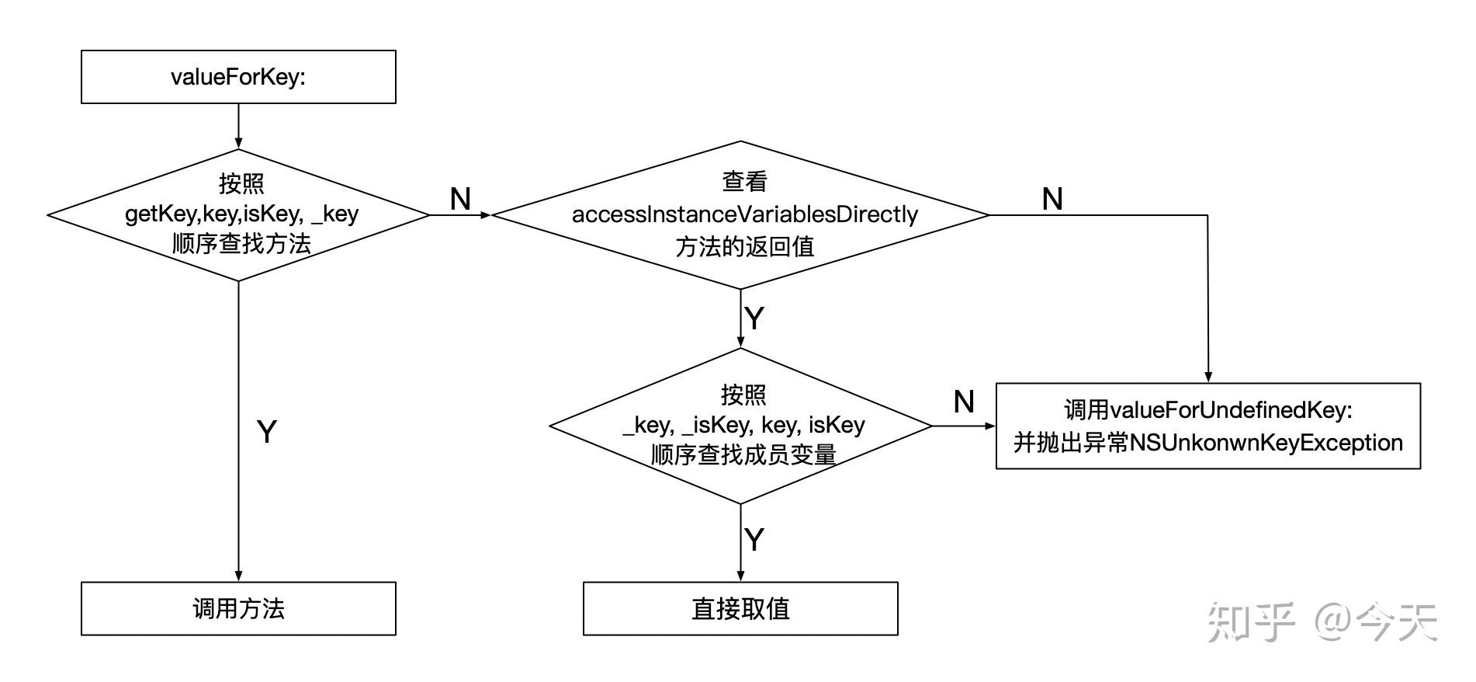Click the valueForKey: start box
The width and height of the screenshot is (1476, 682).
(238, 77)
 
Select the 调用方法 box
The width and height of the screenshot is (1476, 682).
(238, 608)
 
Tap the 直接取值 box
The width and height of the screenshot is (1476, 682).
(740, 608)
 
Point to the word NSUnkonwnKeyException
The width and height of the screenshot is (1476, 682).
(1266, 443)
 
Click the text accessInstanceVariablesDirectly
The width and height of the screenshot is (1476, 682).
(745, 214)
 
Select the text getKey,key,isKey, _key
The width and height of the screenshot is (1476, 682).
(241, 214)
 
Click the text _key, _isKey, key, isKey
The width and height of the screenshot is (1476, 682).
(743, 425)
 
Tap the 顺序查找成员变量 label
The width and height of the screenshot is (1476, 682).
(743, 454)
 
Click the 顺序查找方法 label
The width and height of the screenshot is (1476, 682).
(241, 244)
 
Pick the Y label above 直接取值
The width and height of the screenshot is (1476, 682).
(754, 539)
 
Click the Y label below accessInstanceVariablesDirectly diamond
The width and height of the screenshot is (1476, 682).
(754, 318)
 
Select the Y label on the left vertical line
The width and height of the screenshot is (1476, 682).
(266, 432)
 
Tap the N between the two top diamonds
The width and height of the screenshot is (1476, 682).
(460, 200)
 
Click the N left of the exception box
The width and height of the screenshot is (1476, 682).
(963, 402)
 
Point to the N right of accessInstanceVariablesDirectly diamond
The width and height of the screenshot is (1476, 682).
(1052, 200)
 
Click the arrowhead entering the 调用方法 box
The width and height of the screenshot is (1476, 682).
(238, 576)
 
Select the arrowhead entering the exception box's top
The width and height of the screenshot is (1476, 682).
(1207, 378)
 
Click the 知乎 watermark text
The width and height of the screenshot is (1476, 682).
(1251, 623)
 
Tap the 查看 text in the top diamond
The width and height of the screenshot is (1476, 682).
(745, 181)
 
